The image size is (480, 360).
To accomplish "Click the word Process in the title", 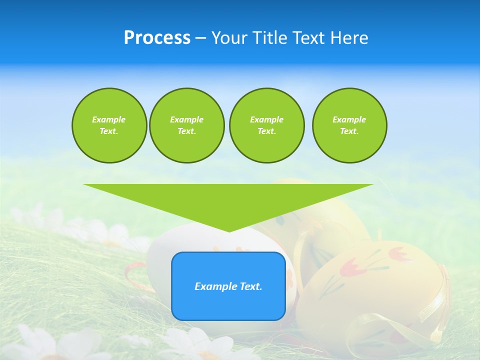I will [x=157, y=38].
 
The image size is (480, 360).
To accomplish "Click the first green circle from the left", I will [x=109, y=125].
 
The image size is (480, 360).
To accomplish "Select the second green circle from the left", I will [x=187, y=125].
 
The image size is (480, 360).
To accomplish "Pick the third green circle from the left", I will [x=267, y=125].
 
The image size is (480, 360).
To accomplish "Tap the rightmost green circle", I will [x=349, y=125].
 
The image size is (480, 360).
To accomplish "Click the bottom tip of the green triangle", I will [x=229, y=230].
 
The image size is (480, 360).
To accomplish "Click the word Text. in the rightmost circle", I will [x=349, y=131].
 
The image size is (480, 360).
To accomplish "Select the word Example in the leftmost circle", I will [x=109, y=119].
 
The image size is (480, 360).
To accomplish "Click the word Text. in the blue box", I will [x=250, y=286].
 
